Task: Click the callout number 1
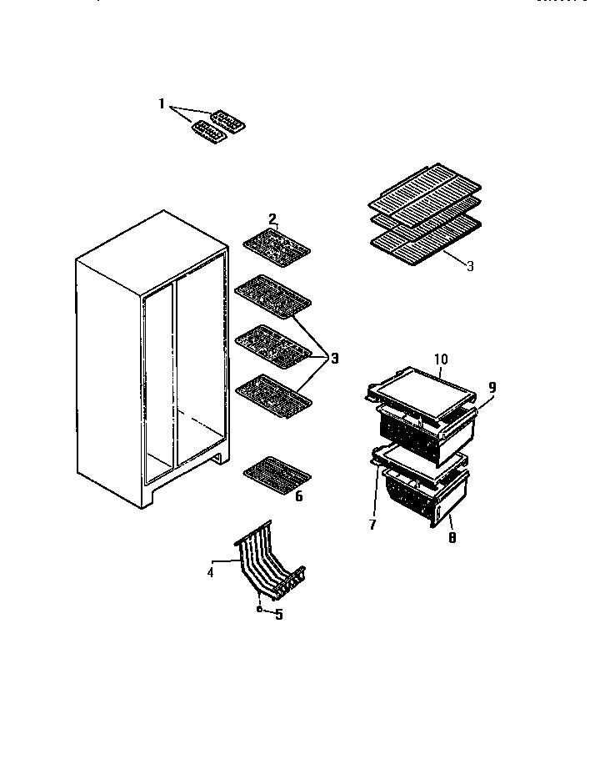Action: [x=162, y=103]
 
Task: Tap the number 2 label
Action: [x=272, y=219]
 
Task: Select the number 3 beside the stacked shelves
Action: [x=470, y=267]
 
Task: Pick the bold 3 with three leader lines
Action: [x=334, y=359]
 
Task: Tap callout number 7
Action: [x=451, y=539]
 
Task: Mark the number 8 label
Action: [x=492, y=387]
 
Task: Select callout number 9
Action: [x=441, y=359]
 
